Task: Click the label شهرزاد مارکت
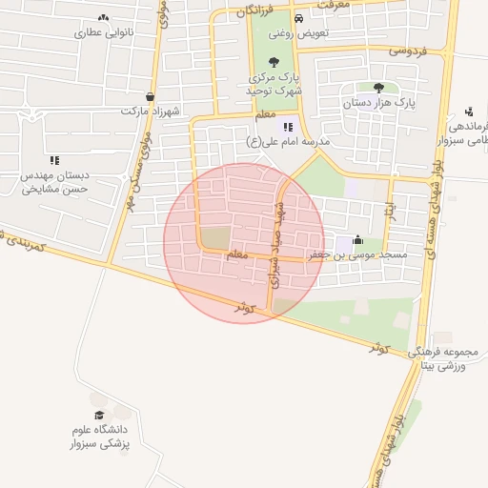tap(150, 112)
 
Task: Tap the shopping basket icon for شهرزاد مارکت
tap(150, 96)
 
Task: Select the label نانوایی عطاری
tap(101, 32)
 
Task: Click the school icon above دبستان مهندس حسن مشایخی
tap(54, 160)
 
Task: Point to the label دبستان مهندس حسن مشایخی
tap(55, 182)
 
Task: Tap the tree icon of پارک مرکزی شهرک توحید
tap(274, 62)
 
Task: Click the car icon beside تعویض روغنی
tap(299, 18)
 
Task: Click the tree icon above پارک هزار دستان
tap(378, 87)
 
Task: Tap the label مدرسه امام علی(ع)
tap(288, 141)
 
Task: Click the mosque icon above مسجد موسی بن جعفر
tap(357, 240)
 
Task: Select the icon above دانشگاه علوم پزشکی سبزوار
tap(99, 415)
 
